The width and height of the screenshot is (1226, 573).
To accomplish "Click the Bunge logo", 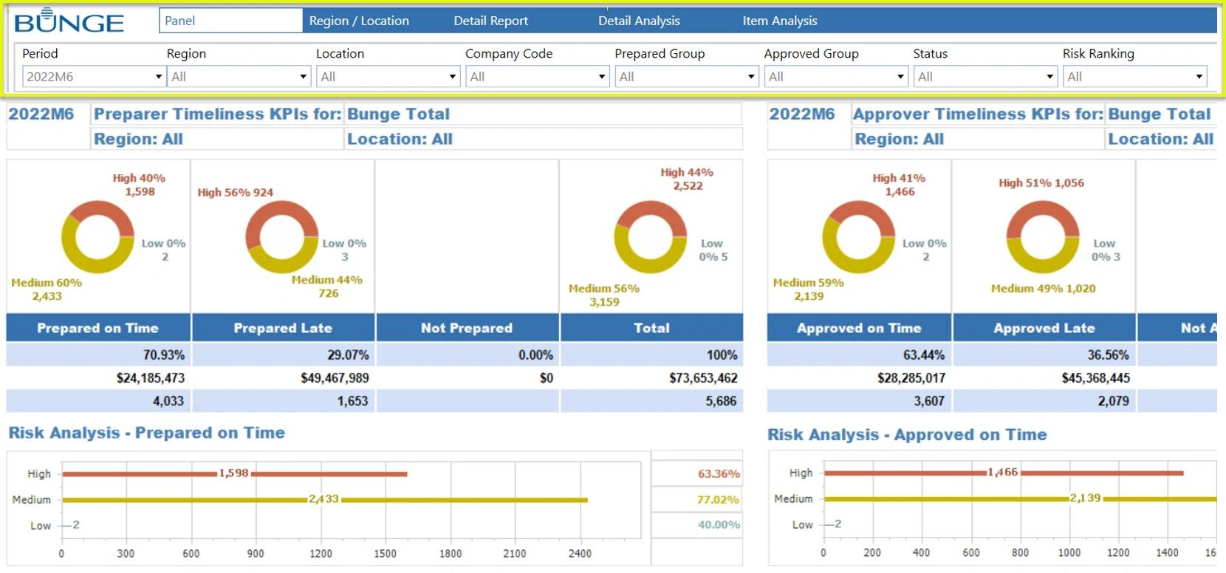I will (x=69, y=22).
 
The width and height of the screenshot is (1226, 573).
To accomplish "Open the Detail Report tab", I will (x=490, y=21).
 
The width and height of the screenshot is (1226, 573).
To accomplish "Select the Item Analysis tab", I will (x=779, y=21).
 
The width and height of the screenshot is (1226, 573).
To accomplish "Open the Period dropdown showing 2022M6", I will (x=93, y=76).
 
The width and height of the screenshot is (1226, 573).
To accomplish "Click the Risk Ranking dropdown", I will (x=1134, y=76).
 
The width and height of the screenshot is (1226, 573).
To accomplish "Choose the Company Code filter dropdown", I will (x=537, y=76).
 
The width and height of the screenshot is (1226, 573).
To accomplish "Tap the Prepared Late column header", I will (x=283, y=328).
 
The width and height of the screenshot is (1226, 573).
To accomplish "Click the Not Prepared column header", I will (x=466, y=328).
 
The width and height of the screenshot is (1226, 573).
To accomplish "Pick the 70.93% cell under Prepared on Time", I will (x=163, y=355).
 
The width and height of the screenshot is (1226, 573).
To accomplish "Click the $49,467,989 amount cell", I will (x=334, y=378).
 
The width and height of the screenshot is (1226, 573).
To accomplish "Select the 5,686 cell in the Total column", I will (x=720, y=401).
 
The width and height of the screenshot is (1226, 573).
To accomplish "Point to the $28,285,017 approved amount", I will (x=911, y=378).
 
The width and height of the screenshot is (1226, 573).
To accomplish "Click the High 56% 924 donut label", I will (x=235, y=192).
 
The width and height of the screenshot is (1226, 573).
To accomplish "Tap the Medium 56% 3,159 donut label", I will (x=603, y=295).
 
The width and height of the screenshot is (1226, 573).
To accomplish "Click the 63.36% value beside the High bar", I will (x=718, y=474).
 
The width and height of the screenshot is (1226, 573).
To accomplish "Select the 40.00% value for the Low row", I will (x=718, y=525).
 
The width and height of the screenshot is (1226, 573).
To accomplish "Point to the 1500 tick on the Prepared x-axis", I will (x=385, y=553).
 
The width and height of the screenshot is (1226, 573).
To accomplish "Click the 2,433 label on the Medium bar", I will (x=323, y=499).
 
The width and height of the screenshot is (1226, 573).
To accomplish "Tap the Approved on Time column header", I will (x=858, y=328).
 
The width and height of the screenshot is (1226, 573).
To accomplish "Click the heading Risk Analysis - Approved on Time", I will (x=906, y=435).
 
